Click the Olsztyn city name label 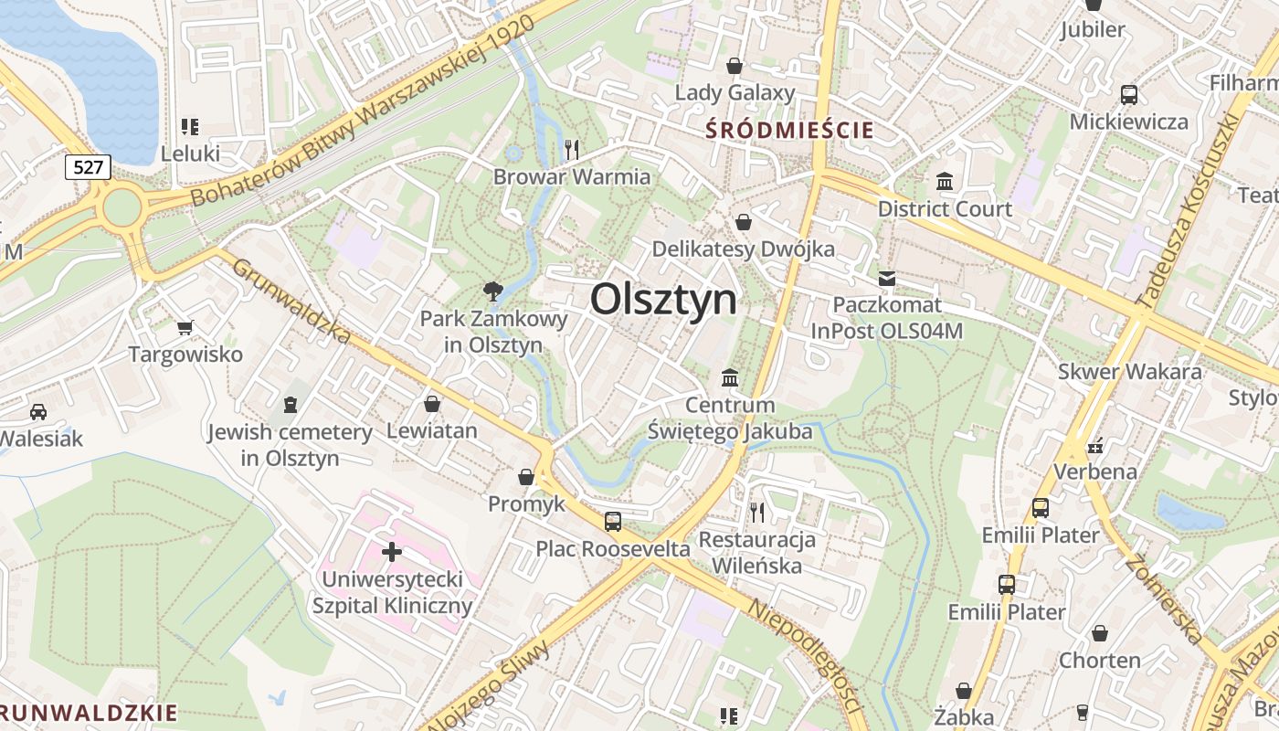[663, 299]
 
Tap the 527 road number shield [89, 167]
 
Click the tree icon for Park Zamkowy [493, 291]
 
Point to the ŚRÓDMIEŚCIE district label [790, 131]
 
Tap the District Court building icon [945, 182]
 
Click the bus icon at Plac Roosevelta [613, 522]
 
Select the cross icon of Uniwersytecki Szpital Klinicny [392, 552]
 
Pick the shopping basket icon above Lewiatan [432, 403]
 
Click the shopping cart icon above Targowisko [185, 327]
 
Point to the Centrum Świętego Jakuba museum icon [730, 377]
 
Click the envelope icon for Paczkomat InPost [887, 279]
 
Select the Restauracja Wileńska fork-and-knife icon [756, 512]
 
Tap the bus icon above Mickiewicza [1129, 94]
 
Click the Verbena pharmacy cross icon [1095, 446]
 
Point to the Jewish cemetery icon [291, 404]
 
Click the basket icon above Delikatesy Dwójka [744, 222]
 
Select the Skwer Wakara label [1129, 372]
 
